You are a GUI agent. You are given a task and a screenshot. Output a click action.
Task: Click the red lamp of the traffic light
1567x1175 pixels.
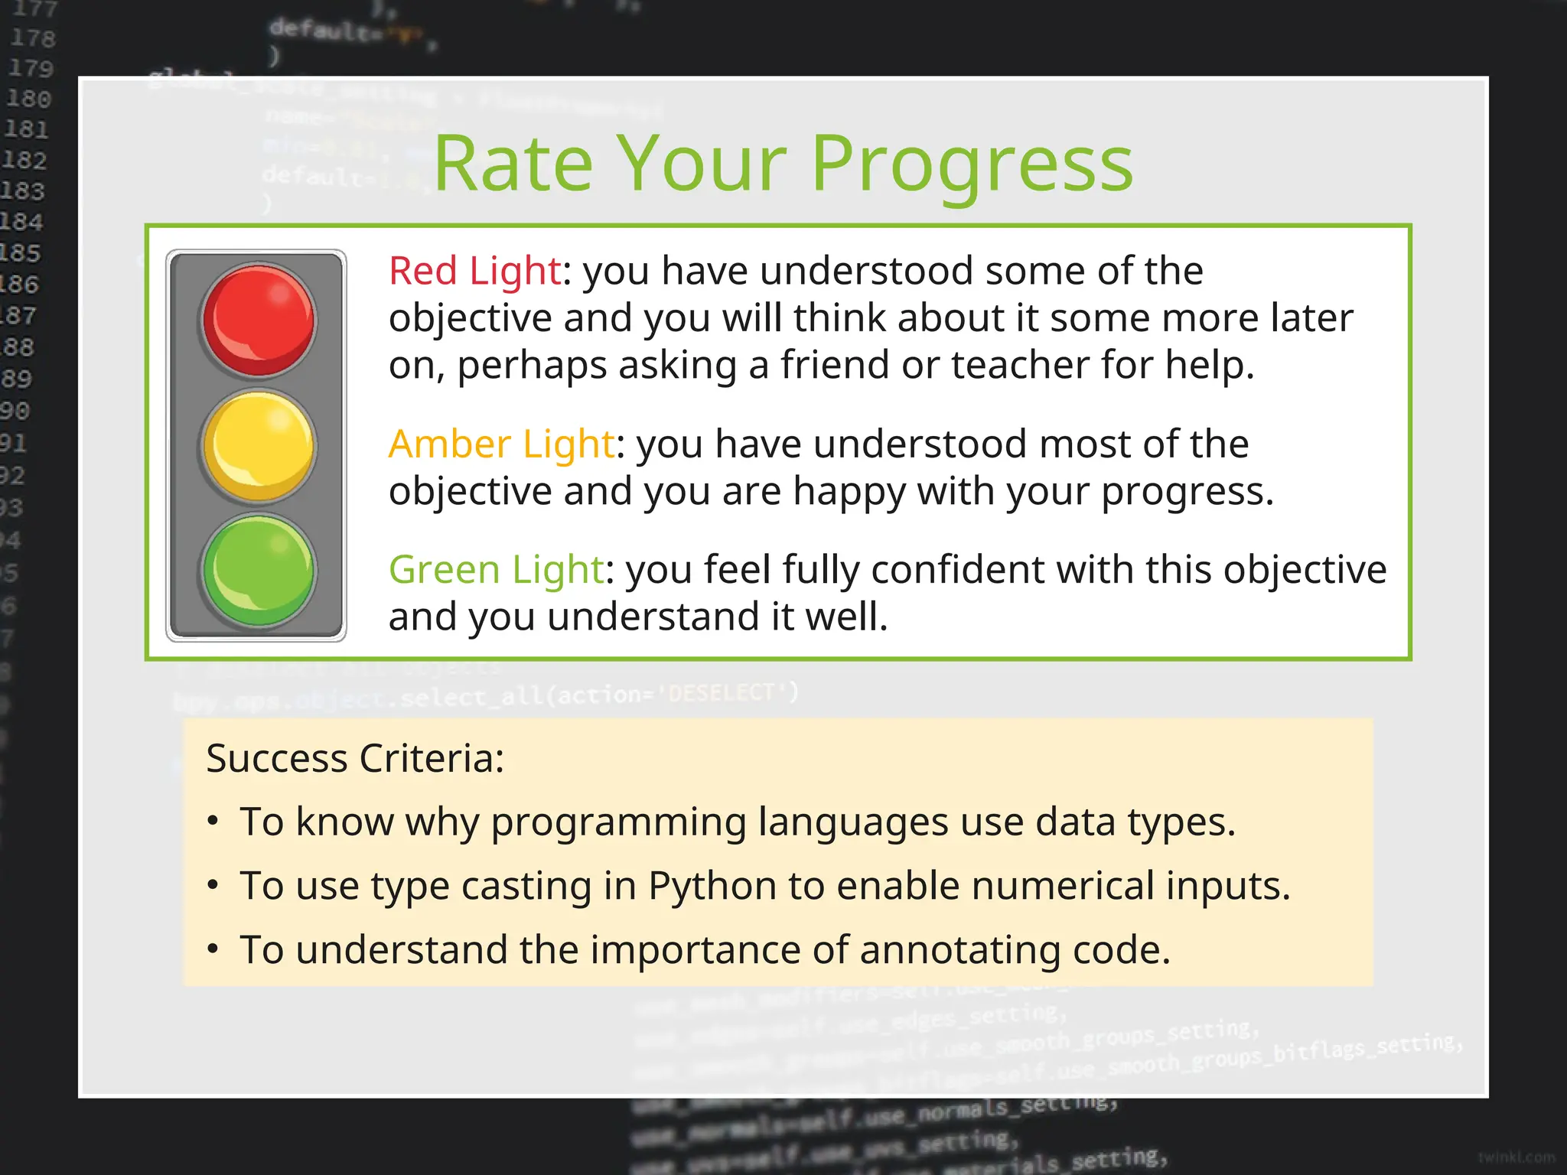point(259,320)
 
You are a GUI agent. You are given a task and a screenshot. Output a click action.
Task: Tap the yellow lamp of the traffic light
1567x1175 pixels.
point(259,445)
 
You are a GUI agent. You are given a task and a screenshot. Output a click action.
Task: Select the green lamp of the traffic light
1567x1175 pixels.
point(259,571)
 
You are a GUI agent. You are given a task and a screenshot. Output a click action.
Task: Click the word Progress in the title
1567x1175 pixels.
point(972,164)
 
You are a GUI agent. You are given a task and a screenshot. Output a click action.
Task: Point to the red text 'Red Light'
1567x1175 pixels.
point(474,271)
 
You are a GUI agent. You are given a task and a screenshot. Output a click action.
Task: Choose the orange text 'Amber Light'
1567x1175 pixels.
point(501,444)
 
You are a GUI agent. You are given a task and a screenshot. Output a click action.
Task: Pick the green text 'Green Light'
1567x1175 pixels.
point(496,569)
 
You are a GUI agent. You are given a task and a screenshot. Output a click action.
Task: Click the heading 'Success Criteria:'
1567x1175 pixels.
point(355,759)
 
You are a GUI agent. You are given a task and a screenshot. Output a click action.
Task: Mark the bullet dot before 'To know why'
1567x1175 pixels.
point(213,822)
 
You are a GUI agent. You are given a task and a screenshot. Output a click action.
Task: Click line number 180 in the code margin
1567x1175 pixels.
point(28,99)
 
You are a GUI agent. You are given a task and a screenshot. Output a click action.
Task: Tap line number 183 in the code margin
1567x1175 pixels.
point(22,190)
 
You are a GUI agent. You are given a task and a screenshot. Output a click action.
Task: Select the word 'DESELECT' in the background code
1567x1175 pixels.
point(722,693)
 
